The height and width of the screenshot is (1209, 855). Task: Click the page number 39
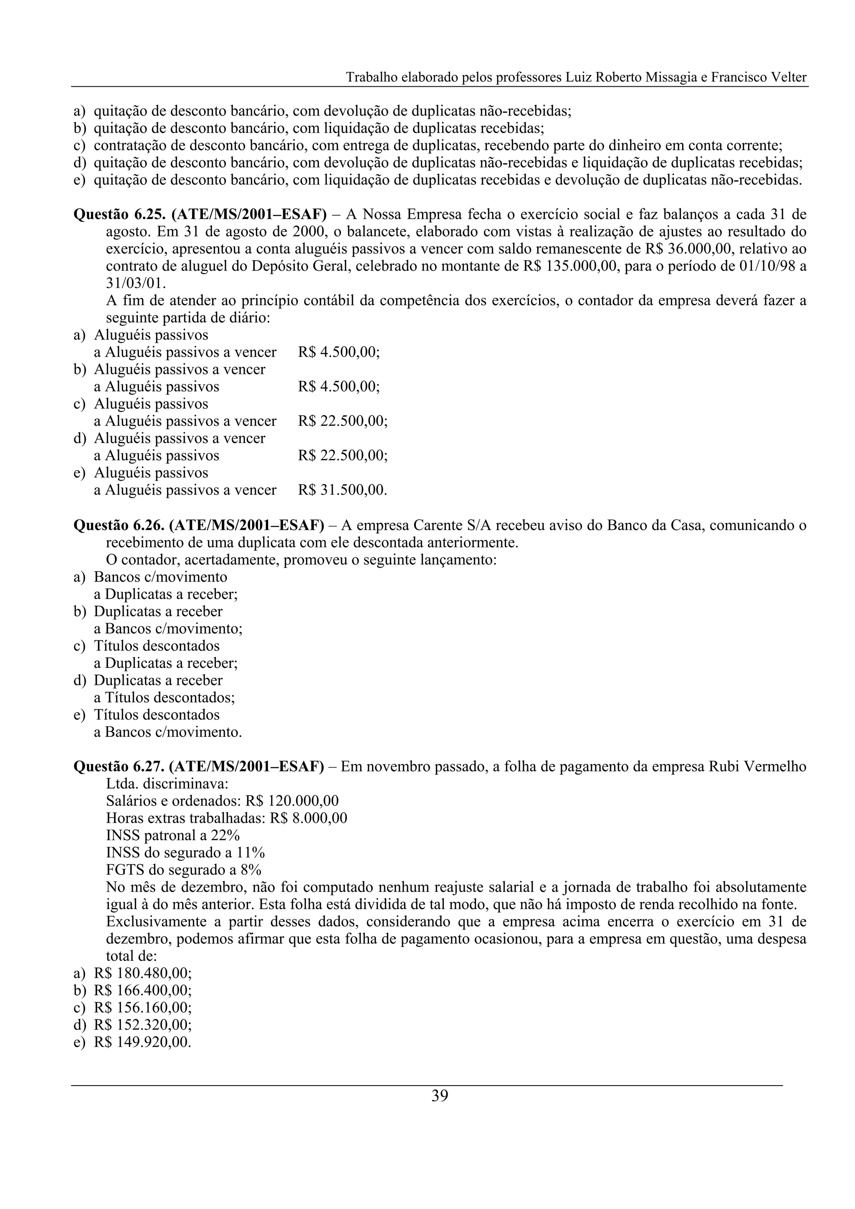[439, 1096]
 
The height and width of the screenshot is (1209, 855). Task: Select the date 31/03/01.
[135, 283]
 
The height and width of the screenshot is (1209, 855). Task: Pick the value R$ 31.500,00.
[342, 490]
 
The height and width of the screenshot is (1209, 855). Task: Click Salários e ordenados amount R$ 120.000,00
[292, 801]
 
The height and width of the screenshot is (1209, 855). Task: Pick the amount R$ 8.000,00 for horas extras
[308, 818]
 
